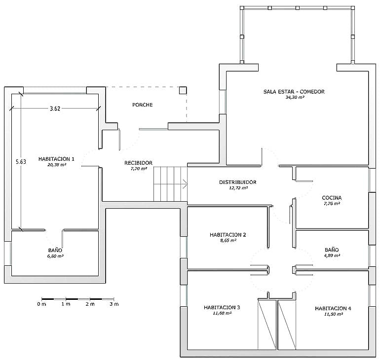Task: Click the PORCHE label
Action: point(143,105)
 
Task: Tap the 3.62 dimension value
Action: point(55,108)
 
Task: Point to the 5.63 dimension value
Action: point(21,161)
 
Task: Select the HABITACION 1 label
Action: point(56,159)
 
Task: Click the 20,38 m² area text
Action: point(57,165)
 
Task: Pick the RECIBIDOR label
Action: point(138,163)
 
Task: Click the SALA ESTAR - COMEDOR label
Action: point(294,92)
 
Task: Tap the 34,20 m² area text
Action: point(295,97)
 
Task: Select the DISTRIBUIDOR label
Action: point(238,182)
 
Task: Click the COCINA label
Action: point(332,198)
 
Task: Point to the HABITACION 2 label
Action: point(228,235)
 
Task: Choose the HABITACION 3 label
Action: point(222,307)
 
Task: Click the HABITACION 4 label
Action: point(333,308)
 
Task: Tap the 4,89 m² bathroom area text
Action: point(332,255)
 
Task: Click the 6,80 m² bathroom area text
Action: point(55,256)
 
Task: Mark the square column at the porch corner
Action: point(183,90)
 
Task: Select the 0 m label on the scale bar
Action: point(41,304)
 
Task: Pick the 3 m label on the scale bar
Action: point(114,304)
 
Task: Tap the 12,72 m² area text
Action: point(238,188)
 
